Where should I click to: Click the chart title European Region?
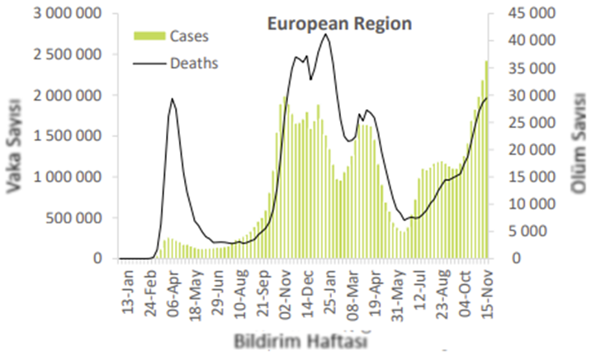339,24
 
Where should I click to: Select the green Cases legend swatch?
150,36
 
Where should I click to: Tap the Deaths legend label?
194,62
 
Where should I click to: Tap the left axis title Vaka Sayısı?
16,146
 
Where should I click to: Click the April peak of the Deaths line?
172,99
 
